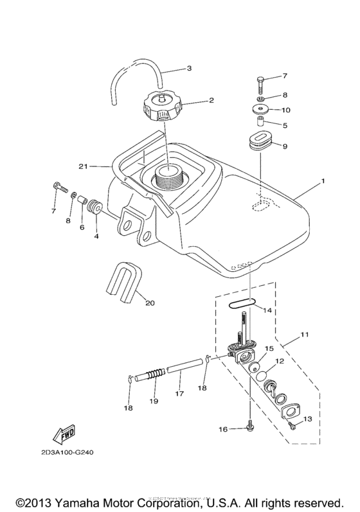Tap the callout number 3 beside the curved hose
pos(188,68)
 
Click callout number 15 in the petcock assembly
pos(269,348)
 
